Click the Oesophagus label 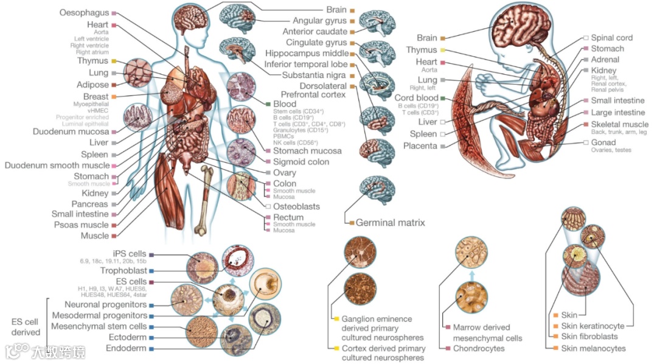84,13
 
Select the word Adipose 92,85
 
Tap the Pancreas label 89,204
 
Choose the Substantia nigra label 315,75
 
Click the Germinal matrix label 390,223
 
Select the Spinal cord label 611,38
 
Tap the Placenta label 420,146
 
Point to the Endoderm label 126,348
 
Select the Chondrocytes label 478,349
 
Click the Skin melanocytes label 593,348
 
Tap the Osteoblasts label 296,206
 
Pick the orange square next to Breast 114,96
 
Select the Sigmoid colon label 301,162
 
